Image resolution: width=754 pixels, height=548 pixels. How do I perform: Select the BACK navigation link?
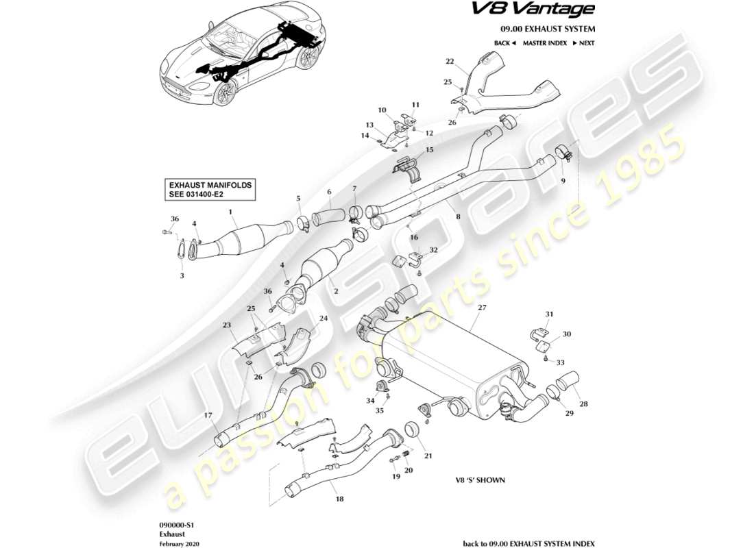[504, 43]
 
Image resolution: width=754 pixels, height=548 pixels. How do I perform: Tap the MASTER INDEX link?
[544, 43]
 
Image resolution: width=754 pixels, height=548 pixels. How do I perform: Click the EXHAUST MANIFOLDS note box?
[211, 190]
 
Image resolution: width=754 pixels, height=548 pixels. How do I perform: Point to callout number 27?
[481, 308]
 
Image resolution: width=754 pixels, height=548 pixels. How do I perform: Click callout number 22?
[450, 62]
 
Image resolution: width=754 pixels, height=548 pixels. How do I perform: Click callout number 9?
[563, 181]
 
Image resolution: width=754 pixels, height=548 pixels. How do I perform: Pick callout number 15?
[430, 150]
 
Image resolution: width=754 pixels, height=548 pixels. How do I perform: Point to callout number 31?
[548, 314]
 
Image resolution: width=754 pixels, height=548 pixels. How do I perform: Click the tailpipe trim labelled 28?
[571, 381]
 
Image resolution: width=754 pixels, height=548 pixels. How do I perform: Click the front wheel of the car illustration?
[222, 95]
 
